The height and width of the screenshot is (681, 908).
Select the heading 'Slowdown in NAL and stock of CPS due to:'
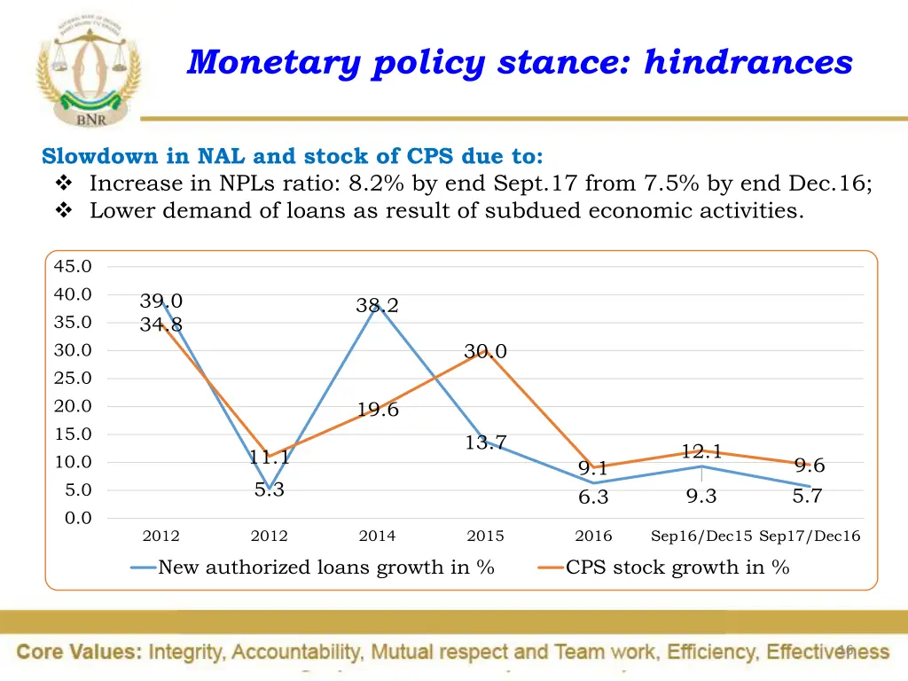293,157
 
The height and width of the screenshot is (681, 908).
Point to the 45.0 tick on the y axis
72,266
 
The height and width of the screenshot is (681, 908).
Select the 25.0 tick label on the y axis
72,378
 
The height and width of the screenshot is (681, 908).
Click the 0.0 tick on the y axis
76,518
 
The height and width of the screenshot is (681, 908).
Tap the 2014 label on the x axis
377,536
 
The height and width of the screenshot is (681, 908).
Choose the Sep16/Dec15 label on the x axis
701,536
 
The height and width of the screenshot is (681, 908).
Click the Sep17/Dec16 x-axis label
810,536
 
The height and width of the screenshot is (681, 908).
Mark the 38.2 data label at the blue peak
377,306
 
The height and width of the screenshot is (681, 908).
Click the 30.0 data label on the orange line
485,352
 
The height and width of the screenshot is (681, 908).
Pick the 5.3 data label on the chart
269,490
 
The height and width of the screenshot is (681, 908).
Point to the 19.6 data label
378,410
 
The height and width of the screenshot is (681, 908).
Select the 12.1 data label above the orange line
701,451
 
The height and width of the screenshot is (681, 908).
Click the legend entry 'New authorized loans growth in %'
325,567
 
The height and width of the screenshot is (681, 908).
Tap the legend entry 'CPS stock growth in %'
677,567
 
